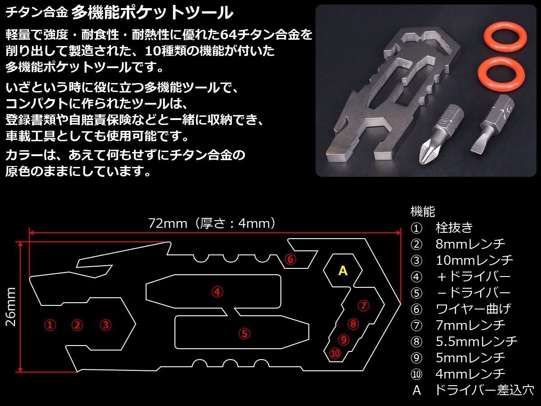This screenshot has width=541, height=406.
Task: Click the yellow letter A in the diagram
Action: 343,271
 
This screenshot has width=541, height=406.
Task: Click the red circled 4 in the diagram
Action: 217,292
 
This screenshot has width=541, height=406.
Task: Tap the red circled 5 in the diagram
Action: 244,334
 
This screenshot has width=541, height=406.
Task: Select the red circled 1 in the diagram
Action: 50,324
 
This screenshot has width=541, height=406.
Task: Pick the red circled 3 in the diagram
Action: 105,324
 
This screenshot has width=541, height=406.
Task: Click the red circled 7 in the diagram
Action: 363,306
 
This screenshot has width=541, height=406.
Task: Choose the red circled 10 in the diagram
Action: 335,353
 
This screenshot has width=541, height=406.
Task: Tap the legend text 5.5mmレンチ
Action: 477,341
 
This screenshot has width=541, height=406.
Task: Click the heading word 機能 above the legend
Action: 422,211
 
